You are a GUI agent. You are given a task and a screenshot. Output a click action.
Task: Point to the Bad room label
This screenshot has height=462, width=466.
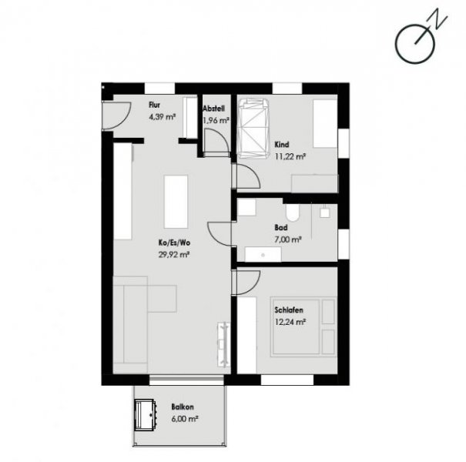tap(281, 229)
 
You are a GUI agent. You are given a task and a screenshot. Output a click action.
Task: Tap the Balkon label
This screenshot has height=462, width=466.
tap(183, 407)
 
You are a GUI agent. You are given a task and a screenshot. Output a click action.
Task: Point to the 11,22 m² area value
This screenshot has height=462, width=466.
tap(290, 156)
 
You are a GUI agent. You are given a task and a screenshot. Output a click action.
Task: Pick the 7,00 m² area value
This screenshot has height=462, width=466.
tap(287, 239)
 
